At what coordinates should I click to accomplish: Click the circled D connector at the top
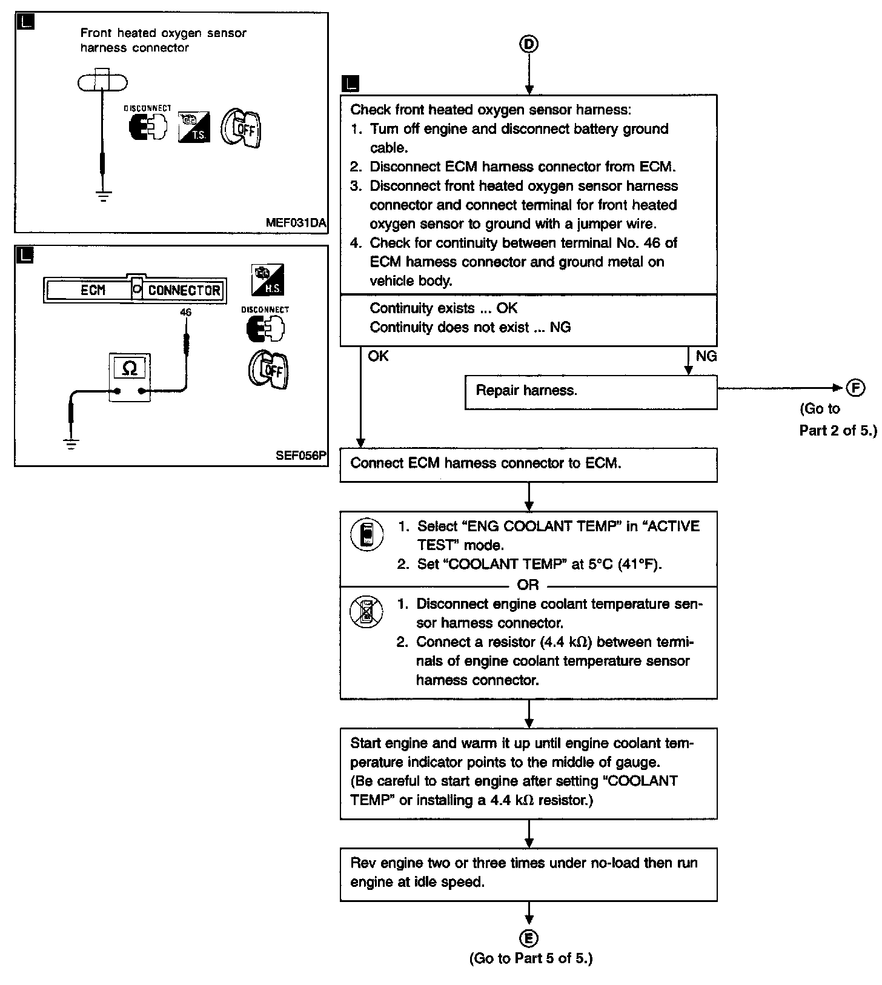[x=529, y=44]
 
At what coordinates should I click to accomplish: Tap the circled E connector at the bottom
[x=529, y=938]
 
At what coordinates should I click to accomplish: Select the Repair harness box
[x=591, y=391]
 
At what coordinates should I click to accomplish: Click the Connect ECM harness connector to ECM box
[x=528, y=465]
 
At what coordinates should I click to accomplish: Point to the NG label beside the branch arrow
[x=706, y=356]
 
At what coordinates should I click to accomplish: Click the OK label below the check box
[x=378, y=356]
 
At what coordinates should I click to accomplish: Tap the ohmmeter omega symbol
[x=129, y=368]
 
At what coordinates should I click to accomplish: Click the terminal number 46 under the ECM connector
[x=185, y=313]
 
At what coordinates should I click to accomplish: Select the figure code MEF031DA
[x=296, y=222]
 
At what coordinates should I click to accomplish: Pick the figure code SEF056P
[x=301, y=456]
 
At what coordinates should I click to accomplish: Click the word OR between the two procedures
[x=528, y=585]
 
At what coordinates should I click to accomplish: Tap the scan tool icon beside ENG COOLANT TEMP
[x=366, y=535]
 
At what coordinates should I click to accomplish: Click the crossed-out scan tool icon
[x=366, y=612]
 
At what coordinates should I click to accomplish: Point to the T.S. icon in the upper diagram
[x=194, y=127]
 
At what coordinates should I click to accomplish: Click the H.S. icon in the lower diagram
[x=268, y=280]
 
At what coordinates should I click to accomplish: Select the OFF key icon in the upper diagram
[x=240, y=128]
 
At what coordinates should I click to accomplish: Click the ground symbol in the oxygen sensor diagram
[x=104, y=196]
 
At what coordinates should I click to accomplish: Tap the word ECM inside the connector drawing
[x=93, y=290]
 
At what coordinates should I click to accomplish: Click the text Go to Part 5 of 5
[x=531, y=958]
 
